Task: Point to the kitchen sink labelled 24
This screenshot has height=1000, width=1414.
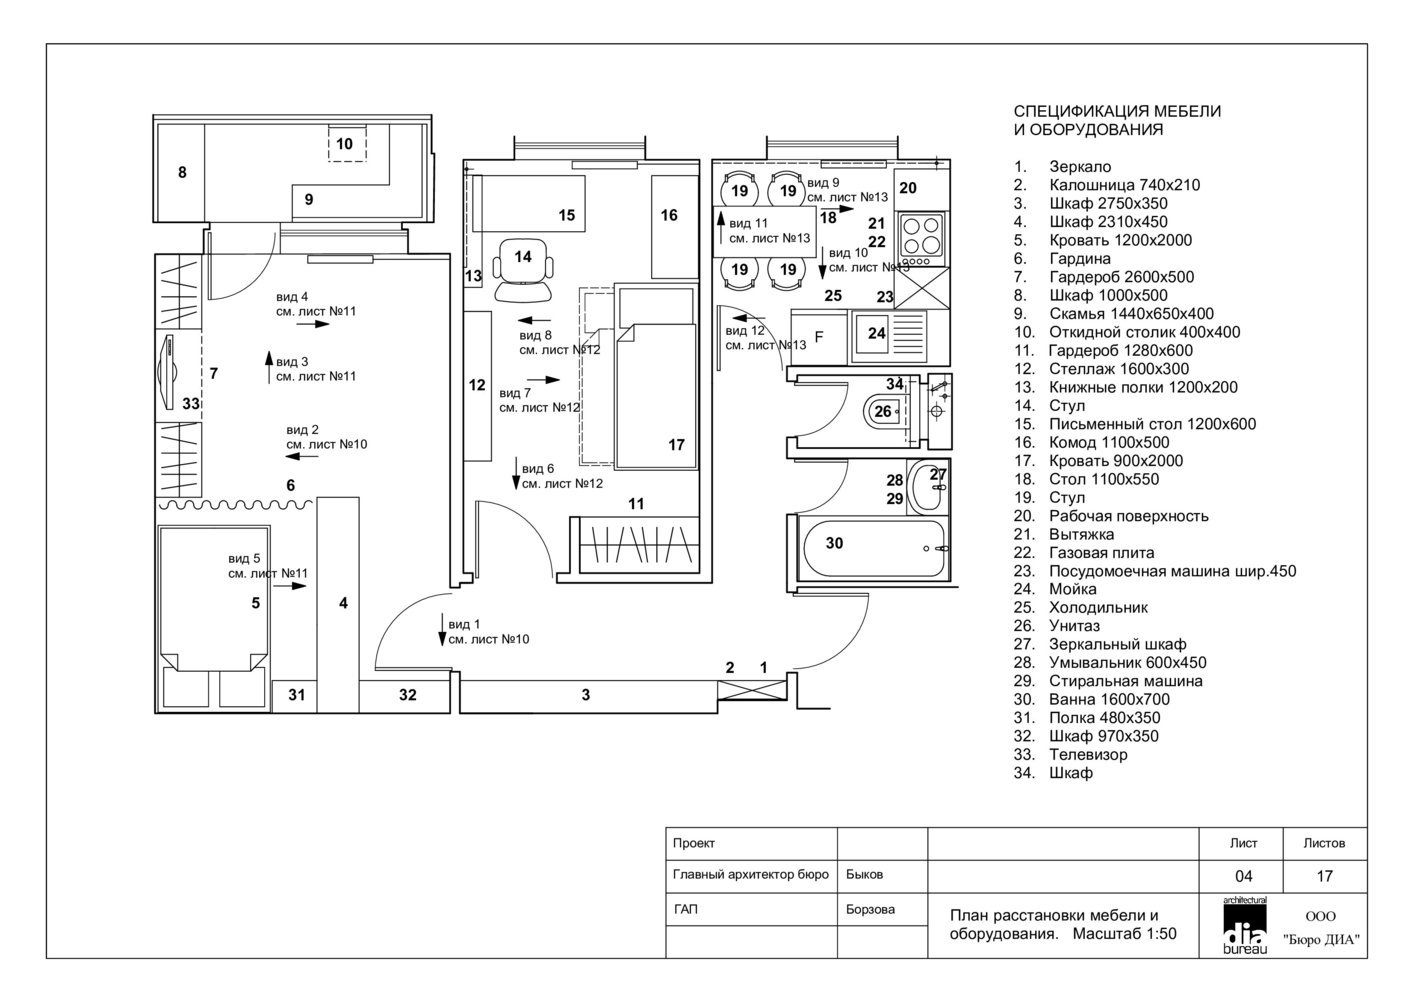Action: pos(876,334)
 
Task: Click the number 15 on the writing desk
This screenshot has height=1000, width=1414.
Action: pos(567,215)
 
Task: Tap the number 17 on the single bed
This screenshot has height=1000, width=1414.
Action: pos(676,445)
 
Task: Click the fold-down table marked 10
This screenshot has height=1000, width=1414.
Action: pos(345,145)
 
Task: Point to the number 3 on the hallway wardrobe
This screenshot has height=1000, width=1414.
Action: pos(586,695)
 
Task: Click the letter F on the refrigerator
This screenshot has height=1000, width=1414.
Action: pos(818,336)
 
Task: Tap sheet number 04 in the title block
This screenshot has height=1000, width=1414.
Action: pos(1243,876)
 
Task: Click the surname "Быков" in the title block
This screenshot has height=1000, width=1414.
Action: pos(864,874)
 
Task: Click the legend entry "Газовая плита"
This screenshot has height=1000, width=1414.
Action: pos(1101,552)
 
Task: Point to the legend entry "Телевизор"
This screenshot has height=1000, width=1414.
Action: pos(1088,754)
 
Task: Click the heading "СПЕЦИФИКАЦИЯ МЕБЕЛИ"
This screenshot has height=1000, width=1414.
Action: pos(1117,111)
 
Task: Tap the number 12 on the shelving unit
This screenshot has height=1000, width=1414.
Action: pos(477,385)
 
